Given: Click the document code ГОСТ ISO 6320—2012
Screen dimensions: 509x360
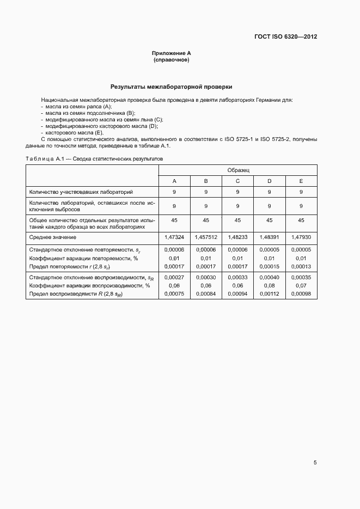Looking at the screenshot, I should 285,36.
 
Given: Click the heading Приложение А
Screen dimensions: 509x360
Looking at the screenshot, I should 172,53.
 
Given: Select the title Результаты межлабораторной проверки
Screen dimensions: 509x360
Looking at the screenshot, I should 172,86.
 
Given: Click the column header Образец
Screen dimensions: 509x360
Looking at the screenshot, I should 237,170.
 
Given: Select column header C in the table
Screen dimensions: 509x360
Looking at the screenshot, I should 237,181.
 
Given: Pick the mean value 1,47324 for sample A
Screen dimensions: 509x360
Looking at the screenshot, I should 174,237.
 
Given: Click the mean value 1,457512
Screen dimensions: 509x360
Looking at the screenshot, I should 206,237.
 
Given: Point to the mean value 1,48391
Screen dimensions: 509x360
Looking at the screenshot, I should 269,237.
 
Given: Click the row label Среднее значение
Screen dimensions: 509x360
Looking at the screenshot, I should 53,237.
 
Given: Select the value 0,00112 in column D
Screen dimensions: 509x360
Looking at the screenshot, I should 269,294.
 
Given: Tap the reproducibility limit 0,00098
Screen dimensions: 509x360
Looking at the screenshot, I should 301,294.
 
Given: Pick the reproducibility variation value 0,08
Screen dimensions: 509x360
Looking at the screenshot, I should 269,285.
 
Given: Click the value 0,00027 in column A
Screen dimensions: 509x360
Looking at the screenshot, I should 174,277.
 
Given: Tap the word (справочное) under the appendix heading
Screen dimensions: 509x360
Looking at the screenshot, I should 172,59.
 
